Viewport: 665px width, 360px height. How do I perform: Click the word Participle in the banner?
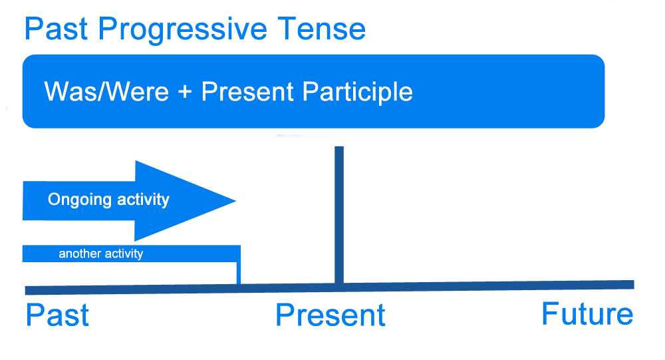[x=358, y=92]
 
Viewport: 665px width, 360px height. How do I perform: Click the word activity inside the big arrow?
[x=140, y=200]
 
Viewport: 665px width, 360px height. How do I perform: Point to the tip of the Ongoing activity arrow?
[x=234, y=200]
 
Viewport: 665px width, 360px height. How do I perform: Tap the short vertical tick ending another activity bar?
[x=239, y=273]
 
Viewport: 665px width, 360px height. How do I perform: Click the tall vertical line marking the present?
[x=339, y=213]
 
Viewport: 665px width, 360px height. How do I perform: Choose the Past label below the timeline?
[x=57, y=315]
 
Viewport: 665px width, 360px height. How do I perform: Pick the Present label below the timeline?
[x=331, y=315]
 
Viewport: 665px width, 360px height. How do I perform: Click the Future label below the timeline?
[x=587, y=313]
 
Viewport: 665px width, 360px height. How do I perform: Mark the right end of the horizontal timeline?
[x=632, y=285]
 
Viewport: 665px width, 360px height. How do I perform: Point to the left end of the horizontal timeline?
[x=27, y=290]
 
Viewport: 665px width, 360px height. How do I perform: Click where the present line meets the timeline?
[x=339, y=287]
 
